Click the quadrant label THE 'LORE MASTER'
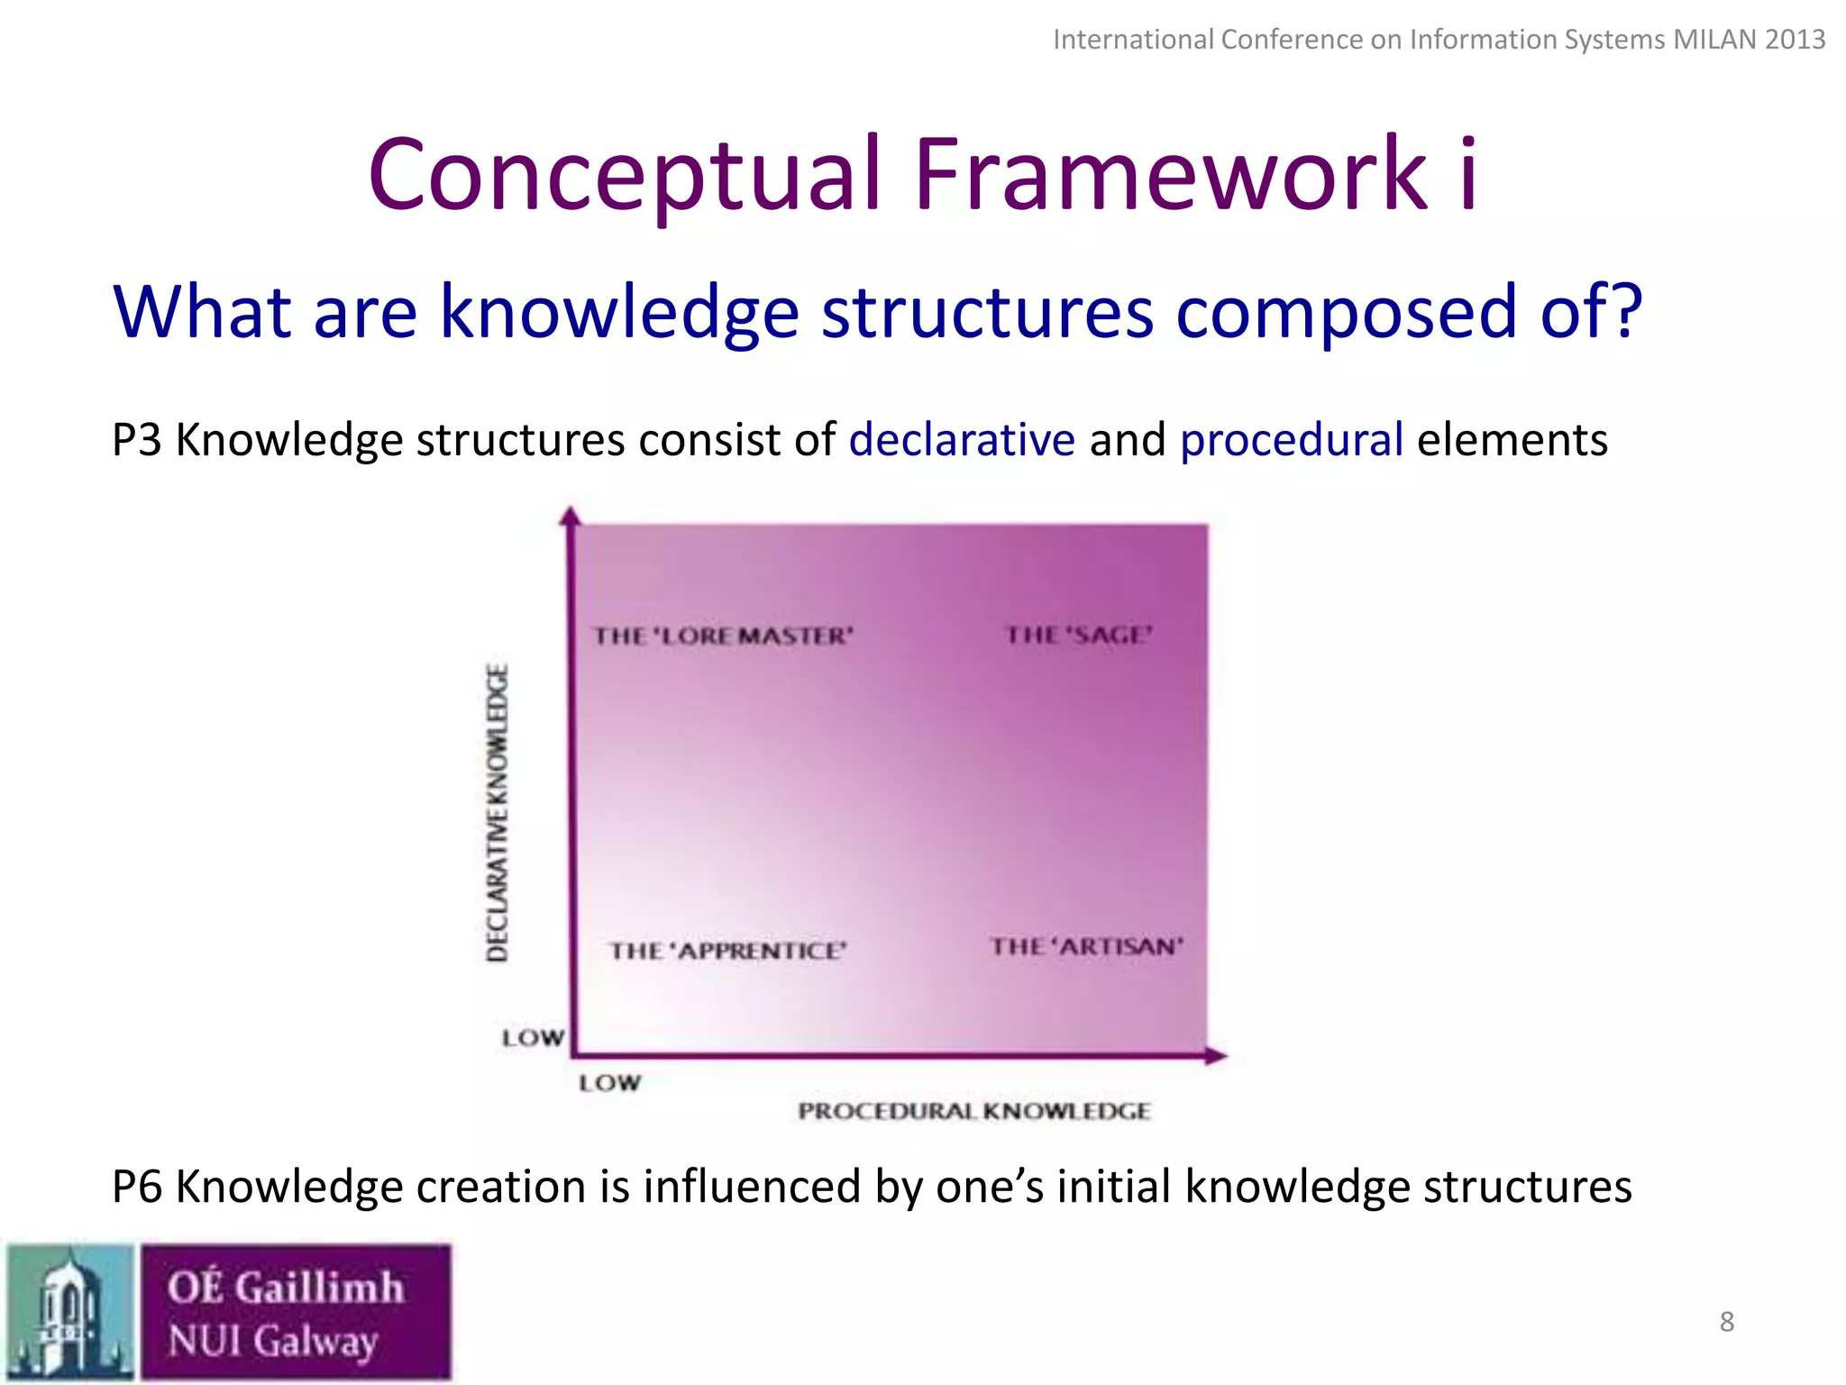point(723,636)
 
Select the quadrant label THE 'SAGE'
point(1079,635)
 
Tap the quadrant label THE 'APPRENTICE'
point(728,950)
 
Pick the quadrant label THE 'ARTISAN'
point(1086,946)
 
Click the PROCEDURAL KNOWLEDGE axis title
point(974,1111)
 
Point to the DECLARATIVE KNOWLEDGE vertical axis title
point(498,812)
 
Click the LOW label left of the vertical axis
point(533,1038)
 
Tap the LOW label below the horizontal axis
point(609,1083)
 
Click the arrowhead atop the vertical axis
point(570,516)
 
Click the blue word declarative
point(962,440)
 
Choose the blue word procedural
point(1292,440)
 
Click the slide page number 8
point(1726,1322)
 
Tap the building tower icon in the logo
point(69,1312)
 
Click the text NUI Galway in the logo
point(273,1341)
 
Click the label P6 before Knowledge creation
point(136,1187)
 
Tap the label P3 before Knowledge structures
point(136,440)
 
